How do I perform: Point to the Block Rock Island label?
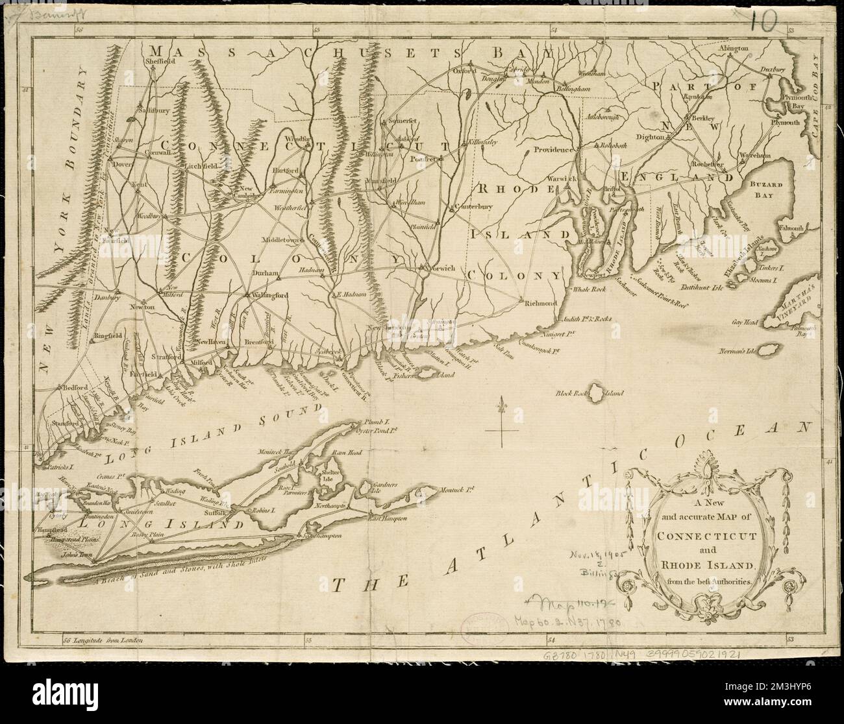[x=588, y=393]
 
